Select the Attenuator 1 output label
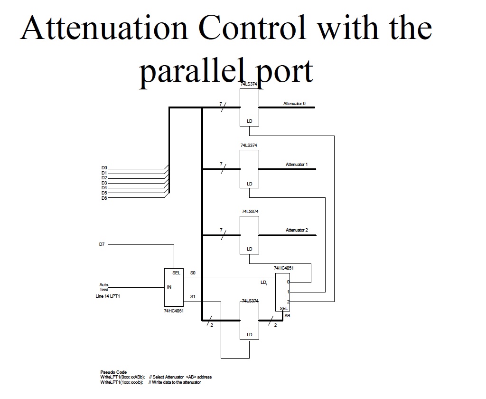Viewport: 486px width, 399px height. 296,165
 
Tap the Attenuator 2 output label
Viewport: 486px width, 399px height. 296,230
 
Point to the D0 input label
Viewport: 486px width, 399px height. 104,168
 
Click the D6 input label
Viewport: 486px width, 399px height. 104,198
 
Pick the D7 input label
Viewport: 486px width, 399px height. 102,244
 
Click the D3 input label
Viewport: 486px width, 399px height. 104,183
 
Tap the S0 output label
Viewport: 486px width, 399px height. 193,273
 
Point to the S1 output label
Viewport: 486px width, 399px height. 193,297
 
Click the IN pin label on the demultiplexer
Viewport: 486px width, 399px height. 169,287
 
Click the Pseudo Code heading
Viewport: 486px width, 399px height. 113,372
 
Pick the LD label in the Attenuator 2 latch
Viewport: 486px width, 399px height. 250,249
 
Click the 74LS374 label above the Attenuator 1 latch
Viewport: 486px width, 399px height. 250,146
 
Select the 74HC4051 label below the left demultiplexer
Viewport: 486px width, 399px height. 173,311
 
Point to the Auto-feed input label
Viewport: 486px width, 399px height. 104,287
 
